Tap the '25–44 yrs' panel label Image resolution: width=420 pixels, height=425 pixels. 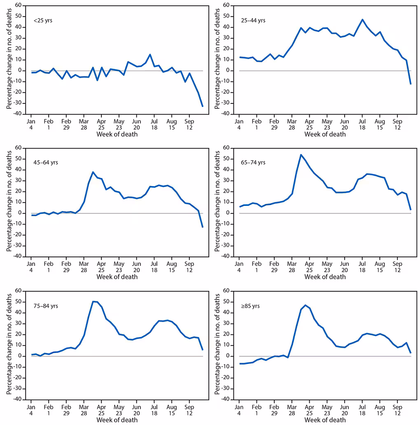pyautogui.click(x=253, y=20)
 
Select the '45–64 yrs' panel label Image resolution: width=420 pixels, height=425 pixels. pyautogui.click(x=46, y=162)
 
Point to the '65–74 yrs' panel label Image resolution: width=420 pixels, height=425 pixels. pyautogui.click(x=253, y=162)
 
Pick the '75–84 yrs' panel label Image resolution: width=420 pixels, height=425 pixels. pyautogui.click(x=46, y=305)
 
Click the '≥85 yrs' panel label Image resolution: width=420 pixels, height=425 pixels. pyautogui.click(x=251, y=305)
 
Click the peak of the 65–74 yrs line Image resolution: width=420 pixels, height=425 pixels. pyautogui.click(x=301, y=155)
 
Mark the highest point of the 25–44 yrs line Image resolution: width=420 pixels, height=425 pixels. pyautogui.click(x=362, y=19)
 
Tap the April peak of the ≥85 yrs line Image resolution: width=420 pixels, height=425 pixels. pyautogui.click(x=306, y=305)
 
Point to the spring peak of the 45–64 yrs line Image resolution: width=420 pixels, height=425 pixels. pyautogui.click(x=93, y=172)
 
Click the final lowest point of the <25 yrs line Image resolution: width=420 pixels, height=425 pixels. pyautogui.click(x=203, y=107)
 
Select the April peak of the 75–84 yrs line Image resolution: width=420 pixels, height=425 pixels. pyautogui.click(x=93, y=301)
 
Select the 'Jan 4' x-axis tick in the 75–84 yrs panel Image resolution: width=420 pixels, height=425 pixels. pyautogui.click(x=31, y=410)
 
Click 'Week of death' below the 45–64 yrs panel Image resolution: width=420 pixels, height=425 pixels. pyautogui.click(x=117, y=277)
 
